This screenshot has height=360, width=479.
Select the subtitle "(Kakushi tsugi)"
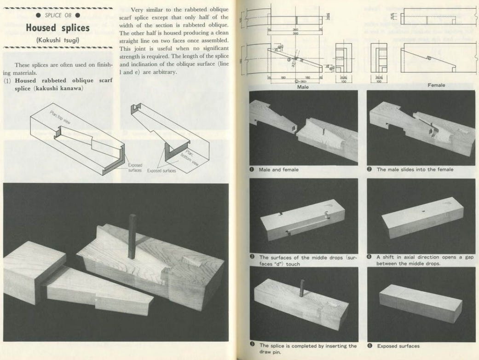pos(58,40)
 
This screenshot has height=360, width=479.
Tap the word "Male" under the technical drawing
pos(303,87)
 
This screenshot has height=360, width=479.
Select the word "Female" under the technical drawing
pos(436,85)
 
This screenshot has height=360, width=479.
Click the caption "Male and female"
pos(278,169)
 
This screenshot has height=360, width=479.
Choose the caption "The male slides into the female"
pos(415,169)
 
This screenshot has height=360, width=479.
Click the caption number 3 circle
pos(253,258)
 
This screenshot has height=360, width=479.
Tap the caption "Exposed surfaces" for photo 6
pos(398,346)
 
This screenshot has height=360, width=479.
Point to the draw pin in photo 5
pos(302,288)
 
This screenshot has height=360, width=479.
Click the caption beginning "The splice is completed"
pos(307,345)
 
